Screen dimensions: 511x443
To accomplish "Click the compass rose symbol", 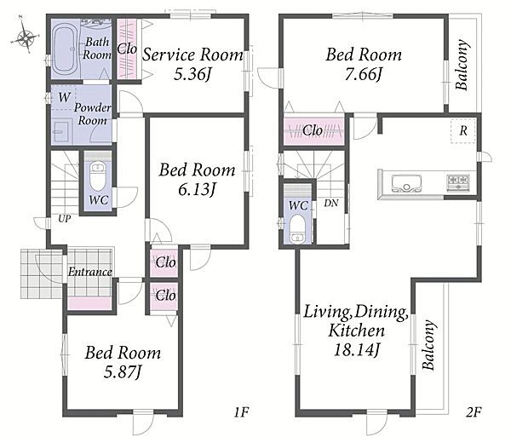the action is pos(25,35).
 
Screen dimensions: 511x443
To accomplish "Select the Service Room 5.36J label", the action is pos(192,64).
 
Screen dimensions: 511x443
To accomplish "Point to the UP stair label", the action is pos(64,219).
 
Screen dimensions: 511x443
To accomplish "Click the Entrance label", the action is pos(90,272).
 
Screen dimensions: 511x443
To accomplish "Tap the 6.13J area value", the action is pos(198,189).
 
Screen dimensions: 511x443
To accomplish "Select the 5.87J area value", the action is pos(123,372).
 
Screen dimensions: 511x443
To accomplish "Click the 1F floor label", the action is pos(241,412).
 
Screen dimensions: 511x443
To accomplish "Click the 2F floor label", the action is pos(474,412).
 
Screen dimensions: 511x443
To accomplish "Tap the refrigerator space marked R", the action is pos(463,131).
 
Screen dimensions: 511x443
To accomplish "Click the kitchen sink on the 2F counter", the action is pos(406,184).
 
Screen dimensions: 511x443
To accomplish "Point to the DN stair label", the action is pos(331,203).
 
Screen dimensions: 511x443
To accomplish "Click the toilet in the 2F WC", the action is pos(297,228).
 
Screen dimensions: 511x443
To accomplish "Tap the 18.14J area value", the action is pos(357,350).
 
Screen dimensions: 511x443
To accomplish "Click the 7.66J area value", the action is pos(364,74).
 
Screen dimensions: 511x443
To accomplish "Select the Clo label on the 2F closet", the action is pos(313,130).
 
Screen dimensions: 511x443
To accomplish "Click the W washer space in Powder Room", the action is pos(64,97).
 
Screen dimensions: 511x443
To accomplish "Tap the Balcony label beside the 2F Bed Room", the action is pos(462,65).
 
